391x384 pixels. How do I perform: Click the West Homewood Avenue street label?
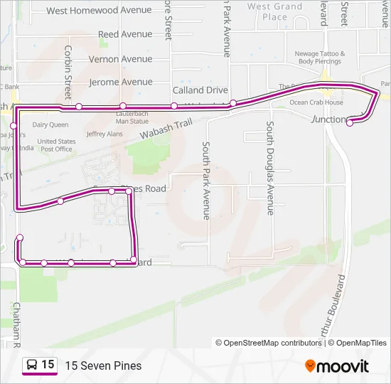click(x=99, y=11)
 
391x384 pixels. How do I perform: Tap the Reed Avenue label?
click(x=125, y=34)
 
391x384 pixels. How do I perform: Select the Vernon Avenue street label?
click(x=121, y=59)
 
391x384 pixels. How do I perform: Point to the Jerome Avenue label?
click(x=121, y=82)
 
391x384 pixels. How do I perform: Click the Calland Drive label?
click(x=200, y=90)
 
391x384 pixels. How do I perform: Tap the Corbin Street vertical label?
click(x=68, y=73)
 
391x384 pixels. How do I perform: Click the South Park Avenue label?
click(x=206, y=180)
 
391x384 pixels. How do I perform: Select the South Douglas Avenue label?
click(x=270, y=168)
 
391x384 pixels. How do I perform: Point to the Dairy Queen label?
click(x=50, y=124)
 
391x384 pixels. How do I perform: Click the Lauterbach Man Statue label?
click(x=132, y=117)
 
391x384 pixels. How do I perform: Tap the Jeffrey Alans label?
click(x=105, y=134)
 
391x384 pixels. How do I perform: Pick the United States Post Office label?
click(x=57, y=145)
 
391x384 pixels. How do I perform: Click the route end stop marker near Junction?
click(x=350, y=123)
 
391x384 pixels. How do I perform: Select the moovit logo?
click(x=337, y=366)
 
